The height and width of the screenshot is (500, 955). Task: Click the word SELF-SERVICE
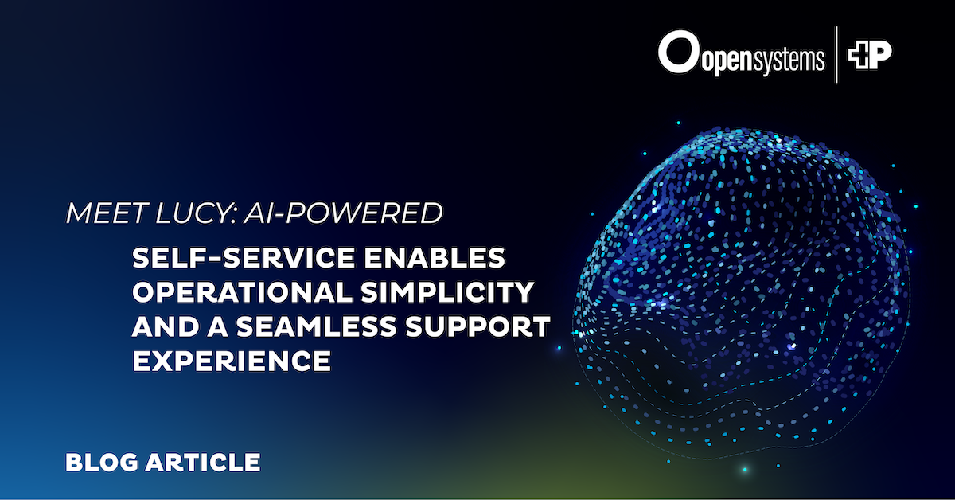tap(244, 258)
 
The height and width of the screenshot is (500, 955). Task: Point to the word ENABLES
tap(435, 258)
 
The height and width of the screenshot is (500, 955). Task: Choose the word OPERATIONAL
tap(242, 292)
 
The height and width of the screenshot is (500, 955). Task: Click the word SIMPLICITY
tap(447, 292)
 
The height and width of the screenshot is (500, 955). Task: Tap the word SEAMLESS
tap(316, 326)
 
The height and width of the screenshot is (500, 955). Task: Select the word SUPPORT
tap(478, 326)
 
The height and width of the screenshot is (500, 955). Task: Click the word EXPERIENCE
tap(232, 361)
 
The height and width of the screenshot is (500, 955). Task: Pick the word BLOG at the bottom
tap(102, 463)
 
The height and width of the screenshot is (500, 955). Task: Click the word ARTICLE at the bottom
tap(203, 463)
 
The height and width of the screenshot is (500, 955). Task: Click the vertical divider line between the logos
tap(836, 55)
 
